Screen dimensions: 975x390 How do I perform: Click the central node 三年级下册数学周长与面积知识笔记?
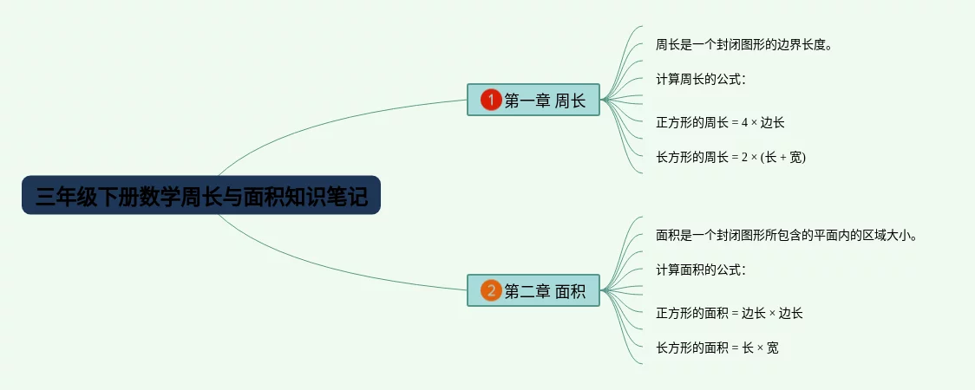(x=201, y=198)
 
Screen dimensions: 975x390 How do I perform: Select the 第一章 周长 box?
(x=533, y=101)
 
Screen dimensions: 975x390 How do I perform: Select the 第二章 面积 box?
(x=533, y=291)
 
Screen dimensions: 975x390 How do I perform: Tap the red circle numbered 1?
(x=491, y=101)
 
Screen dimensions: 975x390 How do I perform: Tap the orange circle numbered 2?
(x=491, y=291)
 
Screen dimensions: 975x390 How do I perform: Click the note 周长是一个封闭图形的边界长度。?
(x=744, y=44)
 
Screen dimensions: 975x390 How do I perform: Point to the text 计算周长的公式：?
(x=701, y=79)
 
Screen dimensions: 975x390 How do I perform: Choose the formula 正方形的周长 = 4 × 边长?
(x=720, y=122)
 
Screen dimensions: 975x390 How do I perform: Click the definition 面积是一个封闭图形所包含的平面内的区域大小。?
(x=787, y=235)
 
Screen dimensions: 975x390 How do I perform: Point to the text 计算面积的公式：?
(x=701, y=270)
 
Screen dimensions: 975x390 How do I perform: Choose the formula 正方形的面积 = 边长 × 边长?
(x=730, y=313)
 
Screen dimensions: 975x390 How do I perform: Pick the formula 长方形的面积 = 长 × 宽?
(x=717, y=348)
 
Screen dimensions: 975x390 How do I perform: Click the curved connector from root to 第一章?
(x=330, y=121)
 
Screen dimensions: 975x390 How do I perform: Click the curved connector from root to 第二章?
(x=330, y=270)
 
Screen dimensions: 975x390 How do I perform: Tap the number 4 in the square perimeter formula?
(x=743, y=123)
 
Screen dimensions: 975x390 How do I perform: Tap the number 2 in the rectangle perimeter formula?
(x=743, y=158)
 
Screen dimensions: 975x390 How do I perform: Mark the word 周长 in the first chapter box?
(x=570, y=101)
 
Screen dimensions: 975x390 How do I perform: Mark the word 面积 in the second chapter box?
(x=570, y=291)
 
